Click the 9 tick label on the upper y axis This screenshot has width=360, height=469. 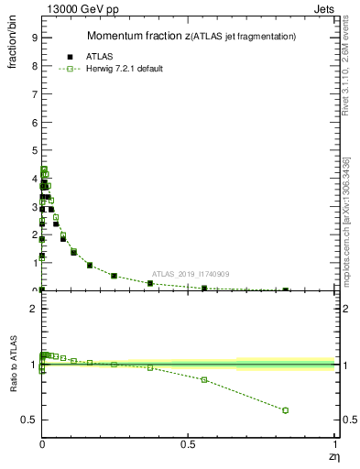click(34, 38)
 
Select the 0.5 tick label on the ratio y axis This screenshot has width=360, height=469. click(29, 420)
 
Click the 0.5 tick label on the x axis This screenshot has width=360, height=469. click(189, 444)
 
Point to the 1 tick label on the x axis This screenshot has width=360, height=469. click(334, 444)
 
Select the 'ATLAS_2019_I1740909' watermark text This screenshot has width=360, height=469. click(190, 275)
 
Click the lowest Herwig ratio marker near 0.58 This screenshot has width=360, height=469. click(286, 410)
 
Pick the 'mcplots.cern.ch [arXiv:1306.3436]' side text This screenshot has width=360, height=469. click(346, 213)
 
